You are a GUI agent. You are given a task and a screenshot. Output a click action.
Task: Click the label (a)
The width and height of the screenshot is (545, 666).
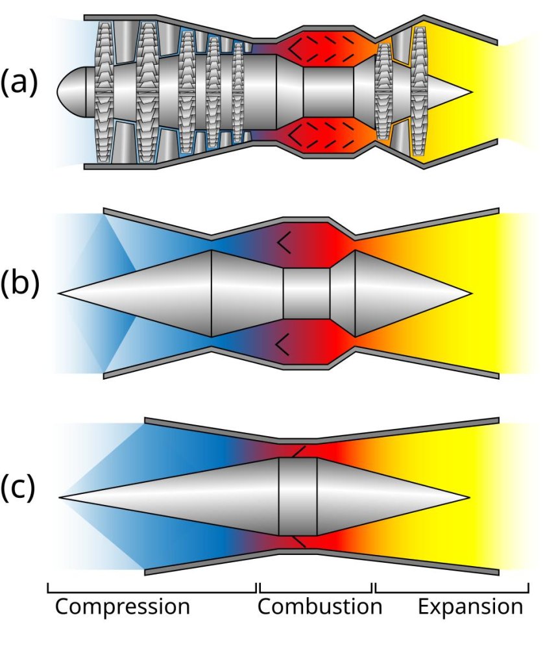pos(19,82)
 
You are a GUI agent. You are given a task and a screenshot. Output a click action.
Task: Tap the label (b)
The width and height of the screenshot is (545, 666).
pos(19,283)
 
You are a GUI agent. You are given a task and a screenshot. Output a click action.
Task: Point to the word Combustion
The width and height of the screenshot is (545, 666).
pos(320,606)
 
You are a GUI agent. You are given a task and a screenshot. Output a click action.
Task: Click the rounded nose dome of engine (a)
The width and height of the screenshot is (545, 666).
pos(72,90)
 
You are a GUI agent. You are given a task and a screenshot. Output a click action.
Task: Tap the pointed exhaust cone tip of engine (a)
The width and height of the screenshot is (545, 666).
pos(471,92)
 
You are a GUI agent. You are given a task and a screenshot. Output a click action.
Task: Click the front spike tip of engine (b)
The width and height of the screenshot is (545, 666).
pos(60,293)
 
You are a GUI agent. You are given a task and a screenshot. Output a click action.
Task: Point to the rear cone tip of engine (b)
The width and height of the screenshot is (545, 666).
pos(471,293)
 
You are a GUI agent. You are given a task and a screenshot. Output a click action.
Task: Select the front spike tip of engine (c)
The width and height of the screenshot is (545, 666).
pos(60,497)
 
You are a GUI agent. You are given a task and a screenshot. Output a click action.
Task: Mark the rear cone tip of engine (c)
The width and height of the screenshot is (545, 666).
pos(470,497)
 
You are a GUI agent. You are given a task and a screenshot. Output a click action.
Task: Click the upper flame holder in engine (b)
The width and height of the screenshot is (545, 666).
pos(284,243)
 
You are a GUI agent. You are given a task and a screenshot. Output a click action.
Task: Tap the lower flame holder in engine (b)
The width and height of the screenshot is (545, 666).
pos(284,344)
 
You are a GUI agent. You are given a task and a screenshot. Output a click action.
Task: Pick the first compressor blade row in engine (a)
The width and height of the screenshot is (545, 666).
pos(104,92)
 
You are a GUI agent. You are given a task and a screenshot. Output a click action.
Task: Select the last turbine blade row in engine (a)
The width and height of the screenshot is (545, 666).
pos(419,92)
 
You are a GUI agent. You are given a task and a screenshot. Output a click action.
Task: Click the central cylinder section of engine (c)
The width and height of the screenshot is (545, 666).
pos(298,497)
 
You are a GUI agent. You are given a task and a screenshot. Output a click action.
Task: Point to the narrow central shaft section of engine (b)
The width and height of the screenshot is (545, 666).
pos(306,293)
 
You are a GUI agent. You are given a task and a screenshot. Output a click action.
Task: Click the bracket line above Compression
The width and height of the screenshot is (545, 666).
pos(152,591)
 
